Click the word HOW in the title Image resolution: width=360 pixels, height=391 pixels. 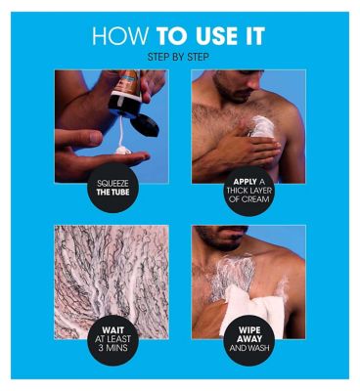pyautogui.click(x=120, y=36)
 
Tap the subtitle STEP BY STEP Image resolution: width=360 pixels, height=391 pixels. pyautogui.click(x=178, y=58)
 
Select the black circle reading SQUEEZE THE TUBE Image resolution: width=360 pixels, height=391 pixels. pyautogui.click(x=112, y=188)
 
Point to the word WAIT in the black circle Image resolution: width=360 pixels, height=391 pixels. pyautogui.click(x=112, y=330)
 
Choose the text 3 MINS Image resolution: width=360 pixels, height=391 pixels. pyautogui.click(x=113, y=348)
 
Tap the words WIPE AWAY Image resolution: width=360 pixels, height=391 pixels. pyautogui.click(x=249, y=334)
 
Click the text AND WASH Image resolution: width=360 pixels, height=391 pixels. pyautogui.click(x=249, y=348)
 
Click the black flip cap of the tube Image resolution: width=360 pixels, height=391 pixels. pyautogui.click(x=145, y=124)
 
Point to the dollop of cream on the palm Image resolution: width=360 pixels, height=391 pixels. pyautogui.click(x=123, y=151)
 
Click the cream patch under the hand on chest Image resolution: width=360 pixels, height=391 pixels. pyautogui.click(x=263, y=126)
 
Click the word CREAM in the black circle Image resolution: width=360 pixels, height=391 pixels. pyautogui.click(x=256, y=199)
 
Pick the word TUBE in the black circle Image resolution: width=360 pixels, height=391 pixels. pyautogui.click(x=120, y=193)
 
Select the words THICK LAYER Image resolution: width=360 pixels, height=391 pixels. pyautogui.click(x=249, y=191)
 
